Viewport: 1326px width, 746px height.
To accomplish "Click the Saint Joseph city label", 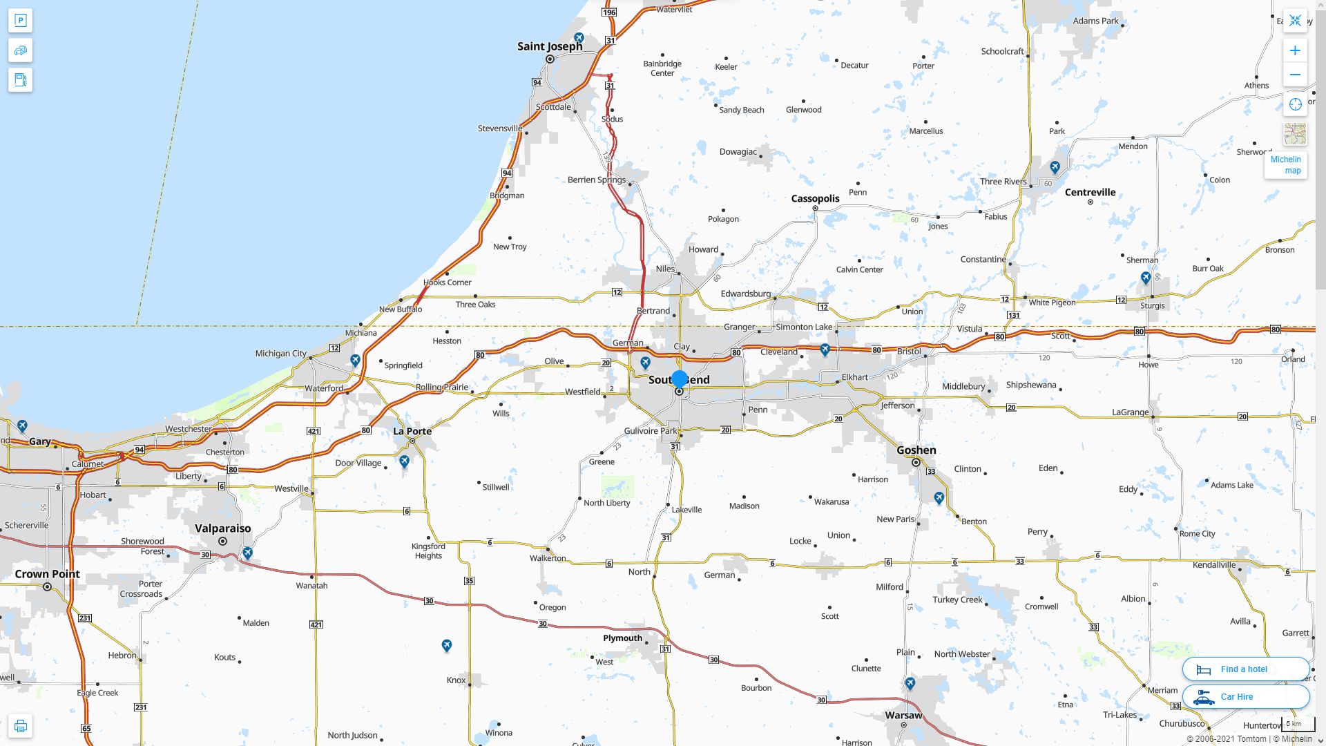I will pyautogui.click(x=550, y=46).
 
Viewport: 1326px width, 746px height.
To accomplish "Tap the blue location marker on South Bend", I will pyautogui.click(x=680, y=379).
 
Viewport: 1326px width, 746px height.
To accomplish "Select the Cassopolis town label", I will pyautogui.click(x=815, y=198).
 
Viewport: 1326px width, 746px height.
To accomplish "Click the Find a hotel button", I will pyautogui.click(x=1245, y=669).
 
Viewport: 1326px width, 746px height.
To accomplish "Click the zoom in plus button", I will pyautogui.click(x=1295, y=50).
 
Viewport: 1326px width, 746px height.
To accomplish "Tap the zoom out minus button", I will pyautogui.click(x=1295, y=75).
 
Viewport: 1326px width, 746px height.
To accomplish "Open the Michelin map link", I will pyautogui.click(x=1285, y=164).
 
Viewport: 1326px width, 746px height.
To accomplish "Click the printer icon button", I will pyautogui.click(x=20, y=726).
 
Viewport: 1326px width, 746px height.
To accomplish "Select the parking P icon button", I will pyautogui.click(x=20, y=21).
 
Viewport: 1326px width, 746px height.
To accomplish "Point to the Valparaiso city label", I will pyautogui.click(x=222, y=528).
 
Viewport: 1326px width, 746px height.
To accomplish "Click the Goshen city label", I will pyautogui.click(x=916, y=450).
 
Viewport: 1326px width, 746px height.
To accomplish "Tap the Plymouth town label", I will pyautogui.click(x=622, y=638).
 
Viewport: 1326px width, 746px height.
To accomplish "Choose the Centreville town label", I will pyautogui.click(x=1090, y=192).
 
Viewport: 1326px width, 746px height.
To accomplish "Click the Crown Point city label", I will pyautogui.click(x=47, y=574).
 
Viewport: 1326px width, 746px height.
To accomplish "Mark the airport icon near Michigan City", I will pyautogui.click(x=355, y=361).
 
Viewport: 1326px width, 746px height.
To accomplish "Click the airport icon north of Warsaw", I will pyautogui.click(x=910, y=683).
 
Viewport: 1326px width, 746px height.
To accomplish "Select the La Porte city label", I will pyautogui.click(x=412, y=431).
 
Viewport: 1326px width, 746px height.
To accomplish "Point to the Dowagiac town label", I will pyautogui.click(x=738, y=152).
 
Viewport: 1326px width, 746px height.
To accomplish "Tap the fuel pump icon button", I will pyautogui.click(x=20, y=80).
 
